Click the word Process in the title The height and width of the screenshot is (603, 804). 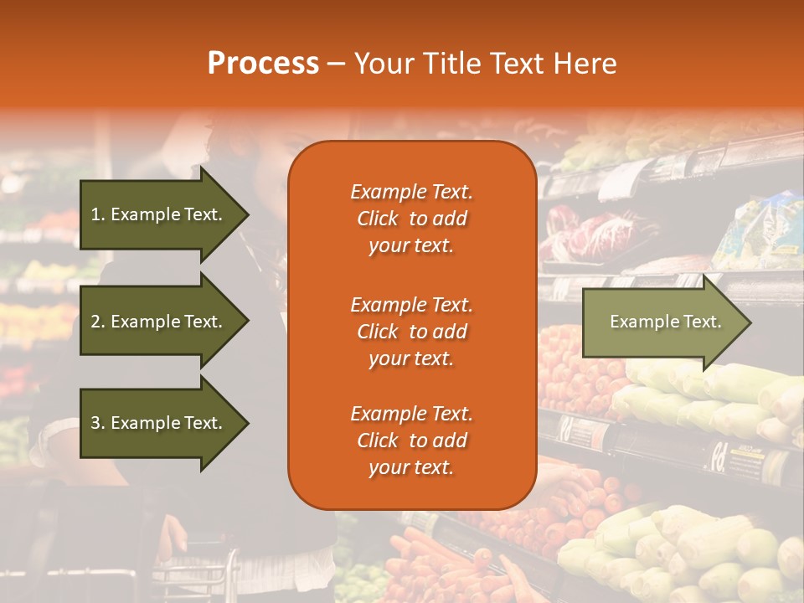tap(263, 64)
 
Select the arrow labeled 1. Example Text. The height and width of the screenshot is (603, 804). tap(159, 214)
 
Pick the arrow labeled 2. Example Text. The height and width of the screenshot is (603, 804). tap(159, 322)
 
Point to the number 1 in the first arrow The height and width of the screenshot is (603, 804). tap(95, 214)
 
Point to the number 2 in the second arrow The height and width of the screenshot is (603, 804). tap(95, 322)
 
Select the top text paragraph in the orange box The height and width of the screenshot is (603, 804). tap(411, 219)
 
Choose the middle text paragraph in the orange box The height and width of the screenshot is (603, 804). tap(411, 332)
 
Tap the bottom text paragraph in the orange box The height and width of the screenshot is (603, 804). tap(411, 441)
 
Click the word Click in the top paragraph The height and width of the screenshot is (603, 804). tap(377, 219)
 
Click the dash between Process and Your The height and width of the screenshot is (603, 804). tap(337, 64)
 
